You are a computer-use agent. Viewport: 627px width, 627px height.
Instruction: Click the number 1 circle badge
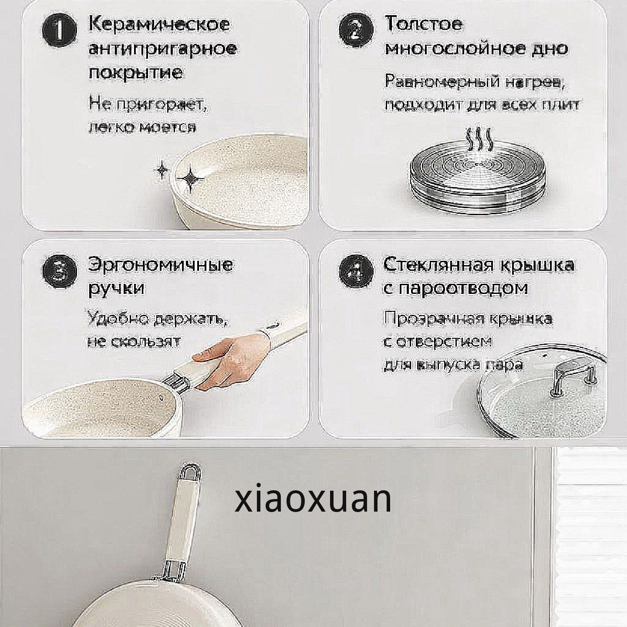point(59,33)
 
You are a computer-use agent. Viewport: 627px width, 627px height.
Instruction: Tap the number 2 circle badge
point(355,33)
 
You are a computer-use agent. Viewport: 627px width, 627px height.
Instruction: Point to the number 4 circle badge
point(356,272)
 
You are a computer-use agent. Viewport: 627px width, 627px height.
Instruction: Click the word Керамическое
point(159,25)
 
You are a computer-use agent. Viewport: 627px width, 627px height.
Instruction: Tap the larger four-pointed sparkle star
point(190,179)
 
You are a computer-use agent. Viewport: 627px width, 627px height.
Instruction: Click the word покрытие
point(136,74)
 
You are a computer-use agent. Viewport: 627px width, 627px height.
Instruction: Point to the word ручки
point(116,289)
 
